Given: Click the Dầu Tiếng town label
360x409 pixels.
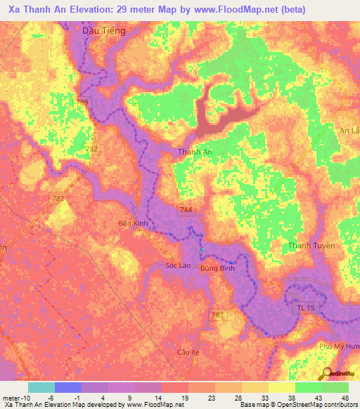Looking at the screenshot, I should pyautogui.click(x=103, y=31).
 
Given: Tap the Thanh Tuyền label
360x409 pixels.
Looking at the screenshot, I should pyautogui.click(x=311, y=245).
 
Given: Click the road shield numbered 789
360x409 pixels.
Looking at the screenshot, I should pyautogui.click(x=83, y=103).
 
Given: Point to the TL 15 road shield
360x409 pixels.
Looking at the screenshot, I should pyautogui.click(x=302, y=308).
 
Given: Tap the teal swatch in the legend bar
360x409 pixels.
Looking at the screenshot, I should pyautogui.click(x=41, y=387).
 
